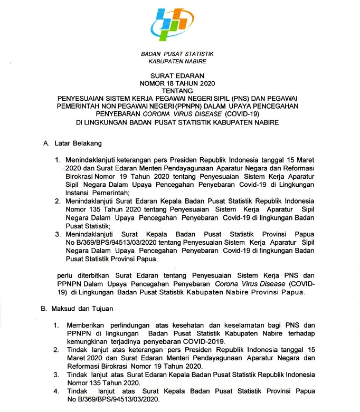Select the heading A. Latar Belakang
click(x=72, y=143)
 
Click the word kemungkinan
click(x=88, y=341)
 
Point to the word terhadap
click(x=300, y=333)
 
